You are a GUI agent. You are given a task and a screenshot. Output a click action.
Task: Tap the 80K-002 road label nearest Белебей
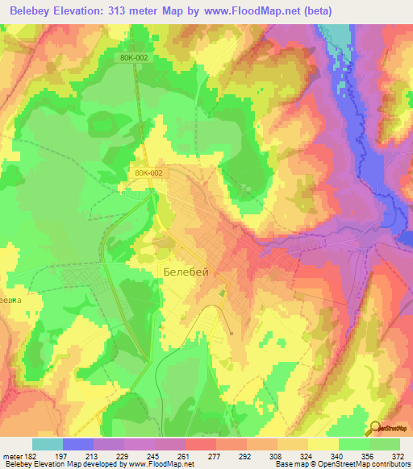(148, 172)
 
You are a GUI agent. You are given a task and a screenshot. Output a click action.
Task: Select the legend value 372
(398, 456)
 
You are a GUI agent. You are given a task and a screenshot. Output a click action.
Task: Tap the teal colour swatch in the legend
(48, 444)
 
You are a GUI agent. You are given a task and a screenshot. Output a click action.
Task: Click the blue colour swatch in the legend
(78, 444)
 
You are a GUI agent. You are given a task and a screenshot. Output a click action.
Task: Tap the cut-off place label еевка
(9, 295)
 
